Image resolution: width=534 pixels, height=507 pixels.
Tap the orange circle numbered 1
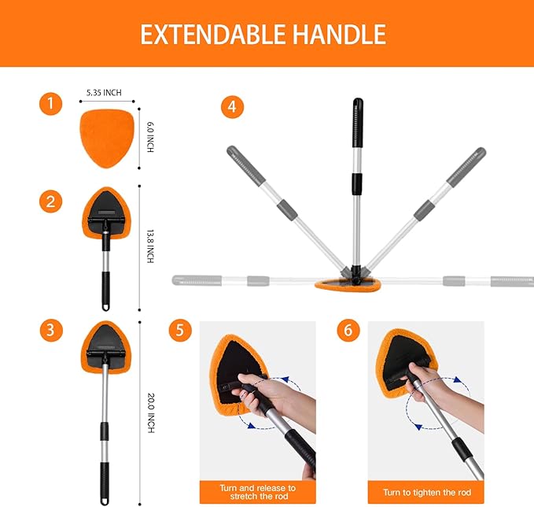(x=51, y=104)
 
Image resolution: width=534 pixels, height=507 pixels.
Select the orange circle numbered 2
(x=51, y=201)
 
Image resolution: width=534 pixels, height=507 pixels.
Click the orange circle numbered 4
(x=231, y=107)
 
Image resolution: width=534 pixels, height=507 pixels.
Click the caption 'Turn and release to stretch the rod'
(x=258, y=491)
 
